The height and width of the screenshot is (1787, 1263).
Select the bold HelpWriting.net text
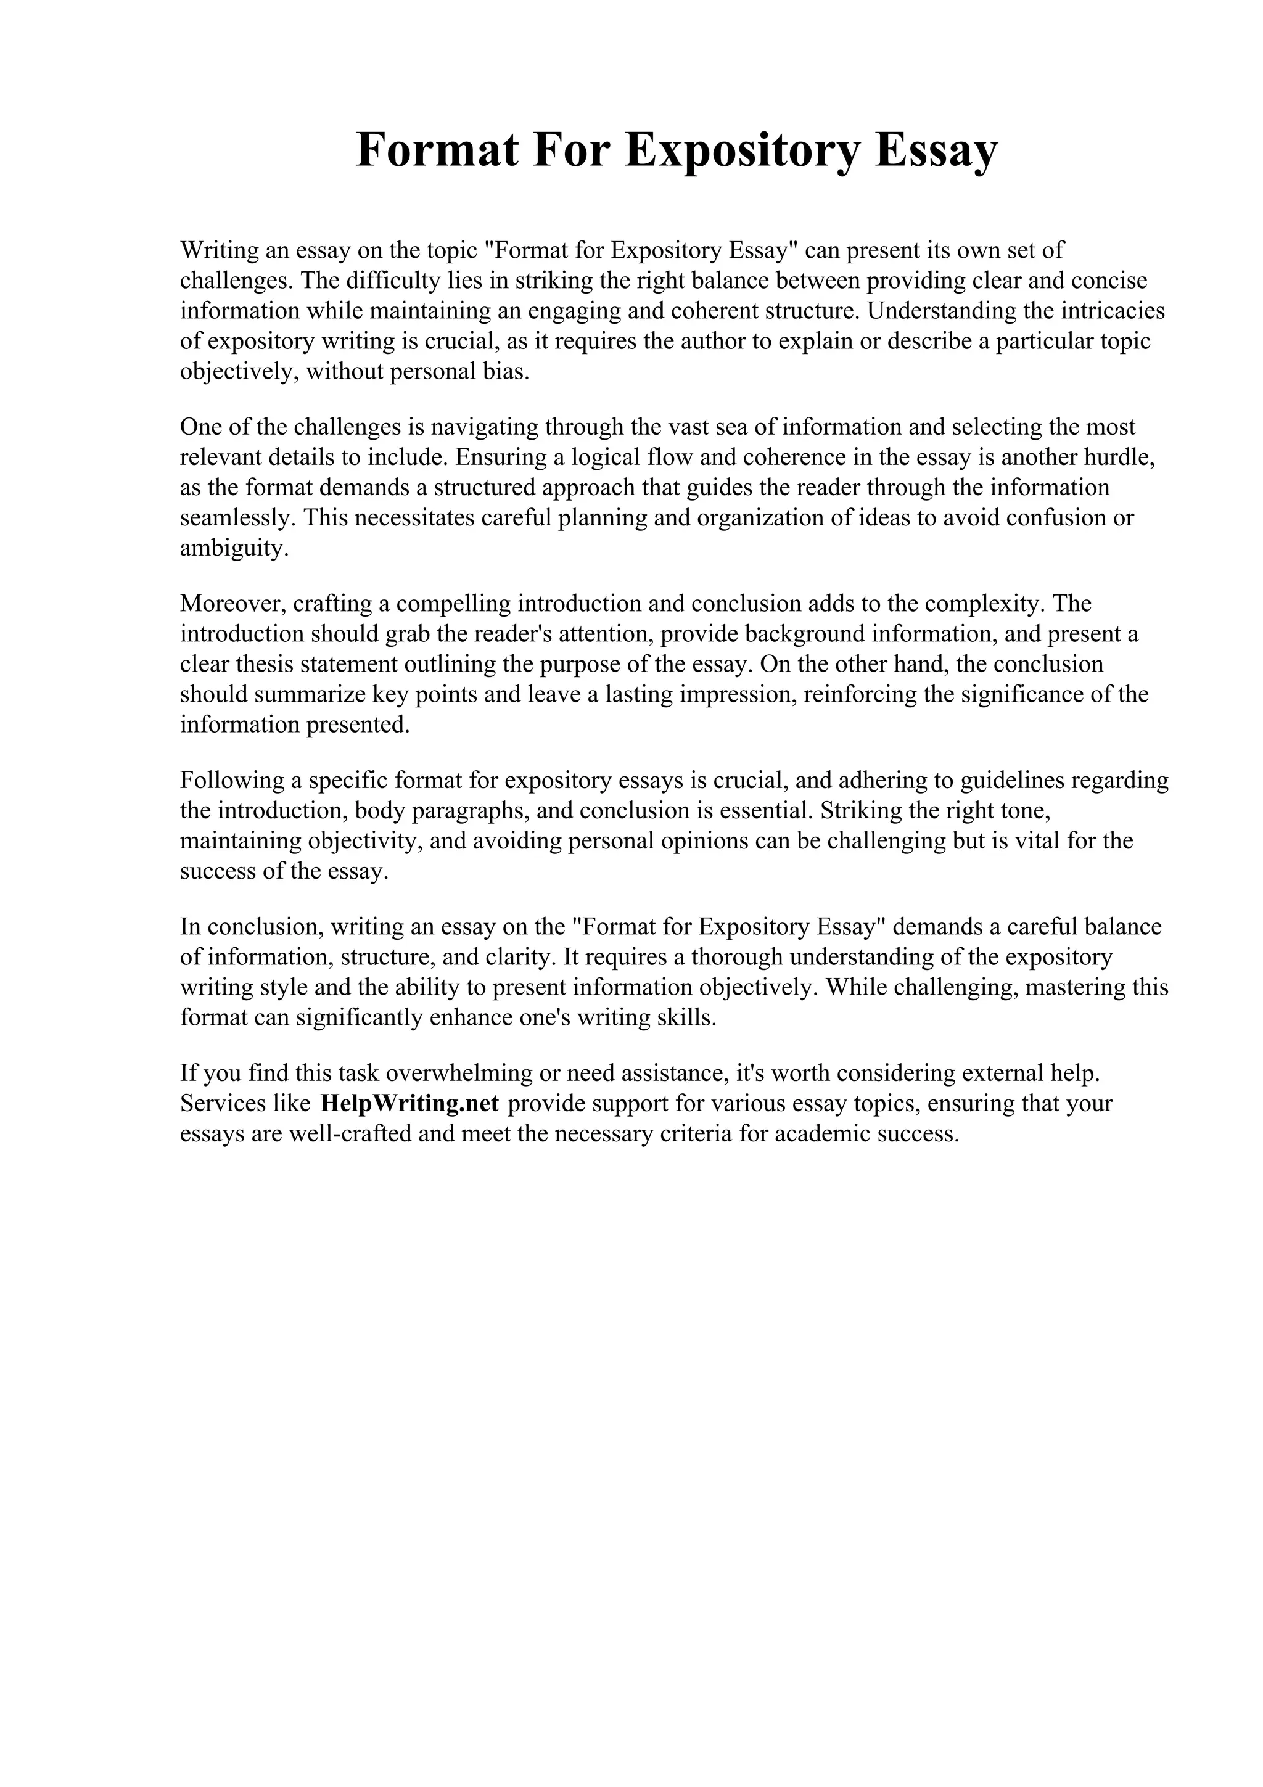[409, 1104]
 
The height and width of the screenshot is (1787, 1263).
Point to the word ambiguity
[234, 548]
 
